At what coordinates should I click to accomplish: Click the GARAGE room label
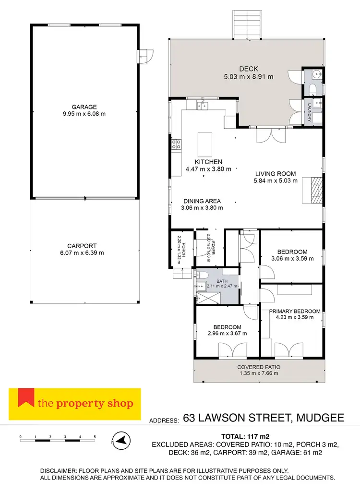[x=84, y=107]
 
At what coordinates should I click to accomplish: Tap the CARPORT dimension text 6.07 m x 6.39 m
[x=84, y=252]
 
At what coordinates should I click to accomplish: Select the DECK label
[x=248, y=69]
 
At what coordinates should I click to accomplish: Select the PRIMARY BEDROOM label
[x=294, y=311]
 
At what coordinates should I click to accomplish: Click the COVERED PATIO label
[x=259, y=367]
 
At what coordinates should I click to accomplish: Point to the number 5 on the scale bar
[x=95, y=437]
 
